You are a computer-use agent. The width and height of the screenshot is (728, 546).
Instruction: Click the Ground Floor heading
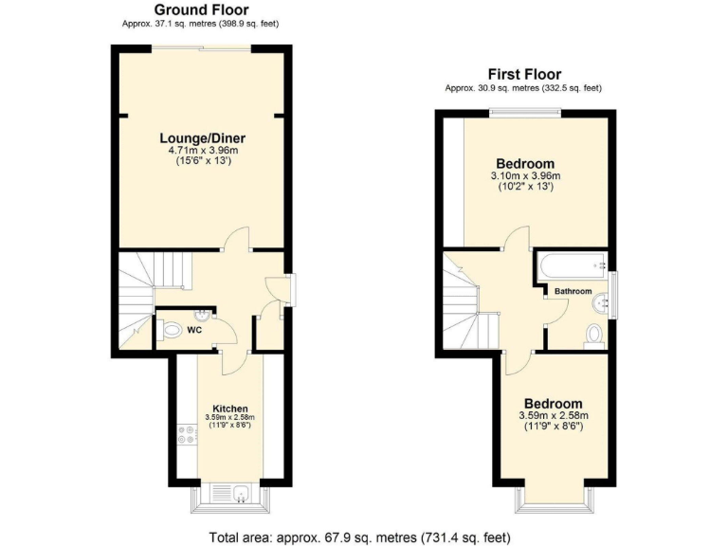201,9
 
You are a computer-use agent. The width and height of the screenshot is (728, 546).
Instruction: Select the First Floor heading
524,74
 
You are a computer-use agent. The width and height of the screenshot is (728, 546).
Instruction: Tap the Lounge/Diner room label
202,137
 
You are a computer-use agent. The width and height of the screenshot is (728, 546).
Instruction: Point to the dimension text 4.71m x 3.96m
202,150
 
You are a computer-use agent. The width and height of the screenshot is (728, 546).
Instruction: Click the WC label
193,331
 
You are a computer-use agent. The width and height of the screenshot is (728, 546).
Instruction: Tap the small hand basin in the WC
201,315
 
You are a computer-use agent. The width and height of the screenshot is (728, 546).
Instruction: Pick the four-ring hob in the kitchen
182,437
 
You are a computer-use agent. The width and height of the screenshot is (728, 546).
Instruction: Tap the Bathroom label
573,291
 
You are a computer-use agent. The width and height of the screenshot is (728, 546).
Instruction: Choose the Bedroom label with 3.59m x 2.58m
554,403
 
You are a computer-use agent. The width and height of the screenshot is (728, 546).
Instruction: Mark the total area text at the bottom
363,537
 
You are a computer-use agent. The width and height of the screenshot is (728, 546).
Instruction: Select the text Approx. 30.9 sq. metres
492,88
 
